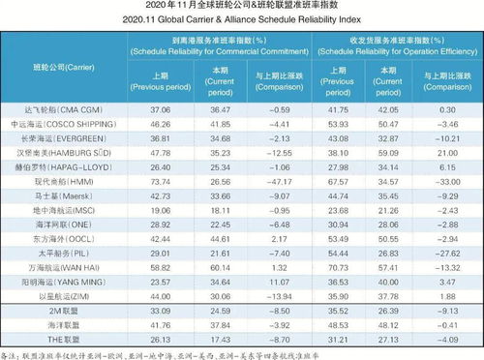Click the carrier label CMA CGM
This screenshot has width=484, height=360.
[x=55, y=111]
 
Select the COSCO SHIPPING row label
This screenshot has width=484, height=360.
[x=55, y=125]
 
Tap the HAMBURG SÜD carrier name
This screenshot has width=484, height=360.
[x=55, y=153]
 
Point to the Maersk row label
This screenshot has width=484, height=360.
[x=55, y=195]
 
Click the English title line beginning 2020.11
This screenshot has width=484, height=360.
[x=242, y=19]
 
